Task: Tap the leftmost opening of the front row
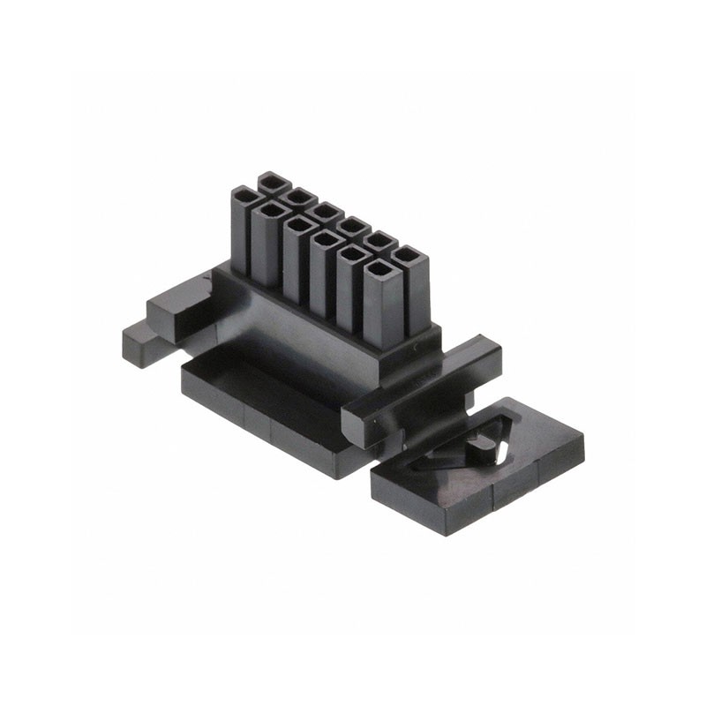(244, 193)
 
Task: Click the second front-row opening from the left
(270, 209)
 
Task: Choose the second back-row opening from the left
(300, 196)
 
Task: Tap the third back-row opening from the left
(327, 211)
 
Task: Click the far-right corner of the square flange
(583, 438)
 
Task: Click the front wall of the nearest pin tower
(382, 309)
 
